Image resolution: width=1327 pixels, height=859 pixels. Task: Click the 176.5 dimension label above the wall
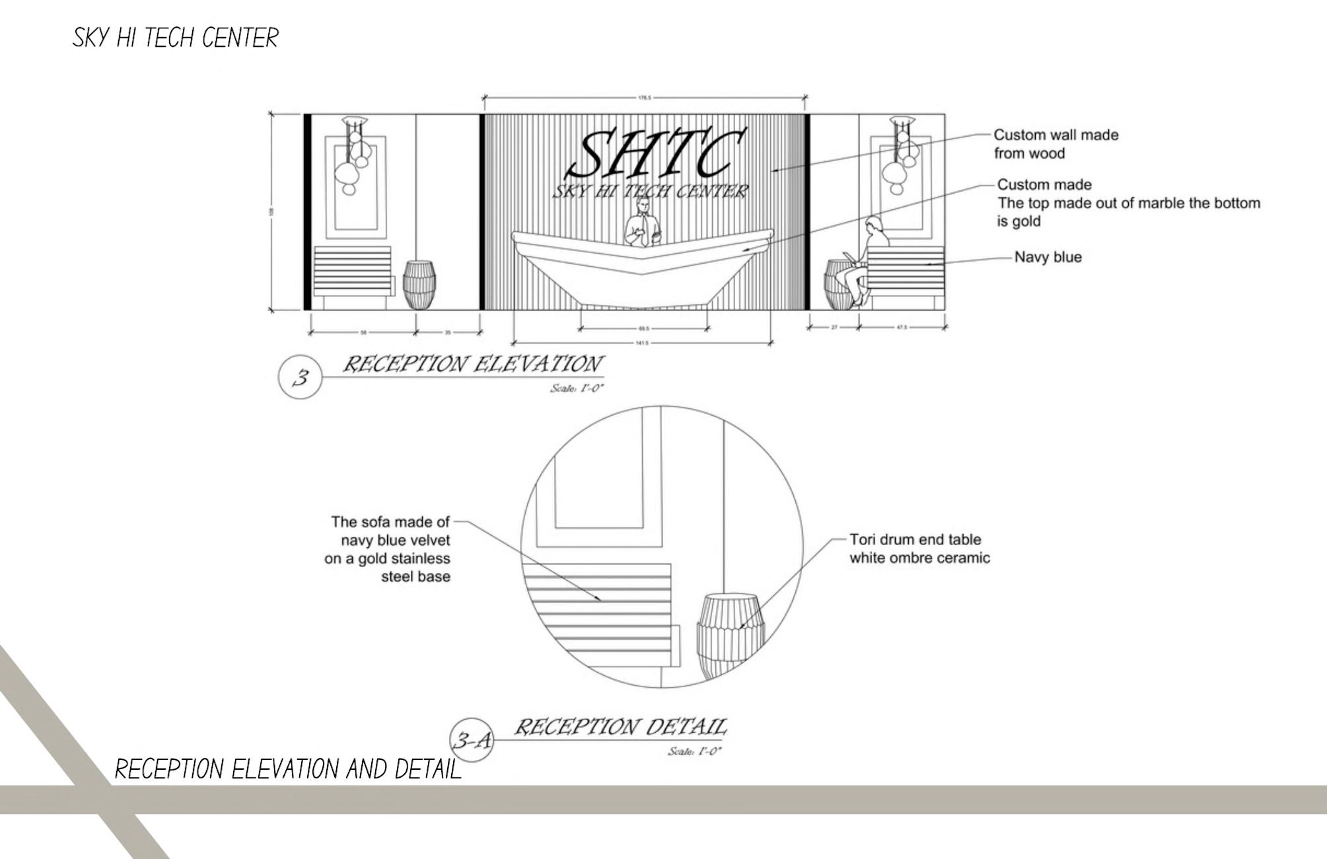click(644, 98)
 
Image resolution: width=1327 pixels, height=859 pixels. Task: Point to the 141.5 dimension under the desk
click(641, 343)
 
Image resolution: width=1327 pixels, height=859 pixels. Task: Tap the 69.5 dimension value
click(643, 328)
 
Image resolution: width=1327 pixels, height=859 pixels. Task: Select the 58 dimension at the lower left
click(363, 332)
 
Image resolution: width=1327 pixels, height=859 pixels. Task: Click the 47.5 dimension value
click(902, 328)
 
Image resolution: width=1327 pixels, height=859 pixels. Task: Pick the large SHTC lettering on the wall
click(657, 156)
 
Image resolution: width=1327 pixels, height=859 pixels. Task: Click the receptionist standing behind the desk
click(643, 225)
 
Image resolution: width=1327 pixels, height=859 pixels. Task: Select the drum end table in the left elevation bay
click(419, 285)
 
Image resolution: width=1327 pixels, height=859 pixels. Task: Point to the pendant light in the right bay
click(901, 155)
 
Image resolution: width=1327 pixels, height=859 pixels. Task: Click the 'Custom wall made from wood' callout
click(1056, 144)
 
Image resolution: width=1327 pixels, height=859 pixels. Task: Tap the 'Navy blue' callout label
click(1048, 257)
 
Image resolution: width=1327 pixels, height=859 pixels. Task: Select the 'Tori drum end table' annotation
click(919, 548)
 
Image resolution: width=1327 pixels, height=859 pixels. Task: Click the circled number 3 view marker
click(301, 377)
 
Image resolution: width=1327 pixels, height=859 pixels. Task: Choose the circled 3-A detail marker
click(472, 740)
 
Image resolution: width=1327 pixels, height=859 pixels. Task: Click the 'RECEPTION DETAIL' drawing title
click(620, 728)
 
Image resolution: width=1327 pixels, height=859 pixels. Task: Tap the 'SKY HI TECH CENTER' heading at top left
click(176, 38)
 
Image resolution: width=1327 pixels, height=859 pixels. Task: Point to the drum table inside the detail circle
click(730, 634)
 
